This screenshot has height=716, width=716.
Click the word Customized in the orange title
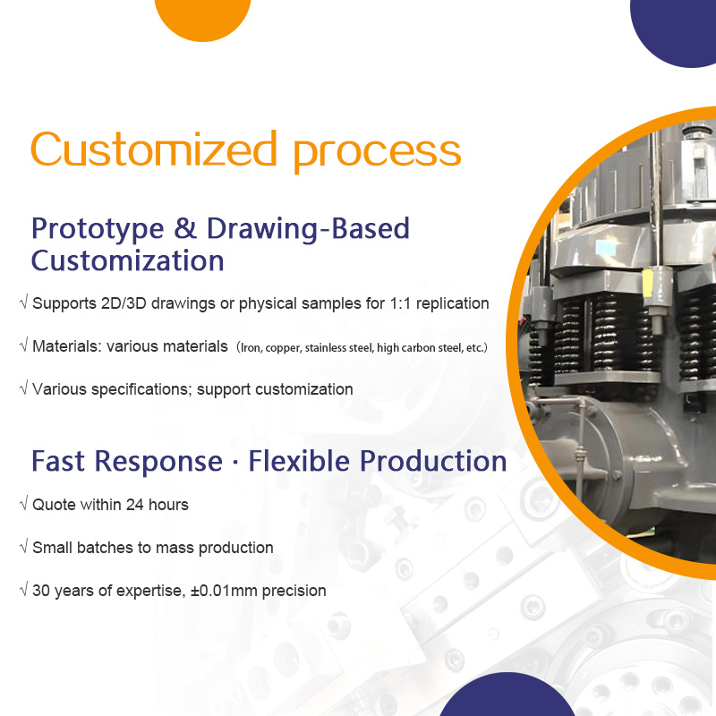click(x=154, y=149)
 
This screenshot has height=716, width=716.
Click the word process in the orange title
click(x=377, y=154)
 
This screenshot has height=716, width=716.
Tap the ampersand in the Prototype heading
click(x=185, y=228)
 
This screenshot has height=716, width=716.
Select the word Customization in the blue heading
click(x=127, y=260)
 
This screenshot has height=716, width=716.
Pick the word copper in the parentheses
click(x=283, y=348)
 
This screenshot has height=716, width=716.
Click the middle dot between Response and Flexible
click(x=235, y=463)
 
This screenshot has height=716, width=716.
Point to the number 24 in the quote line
click(x=135, y=505)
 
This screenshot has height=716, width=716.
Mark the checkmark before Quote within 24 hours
click(x=24, y=503)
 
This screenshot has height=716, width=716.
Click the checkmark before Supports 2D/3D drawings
click(x=24, y=302)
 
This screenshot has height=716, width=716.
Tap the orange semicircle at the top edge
click(x=203, y=18)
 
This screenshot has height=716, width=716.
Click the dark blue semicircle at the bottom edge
click(x=507, y=696)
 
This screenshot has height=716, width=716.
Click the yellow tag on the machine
click(x=647, y=287)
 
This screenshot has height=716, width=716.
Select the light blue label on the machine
click(x=605, y=249)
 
